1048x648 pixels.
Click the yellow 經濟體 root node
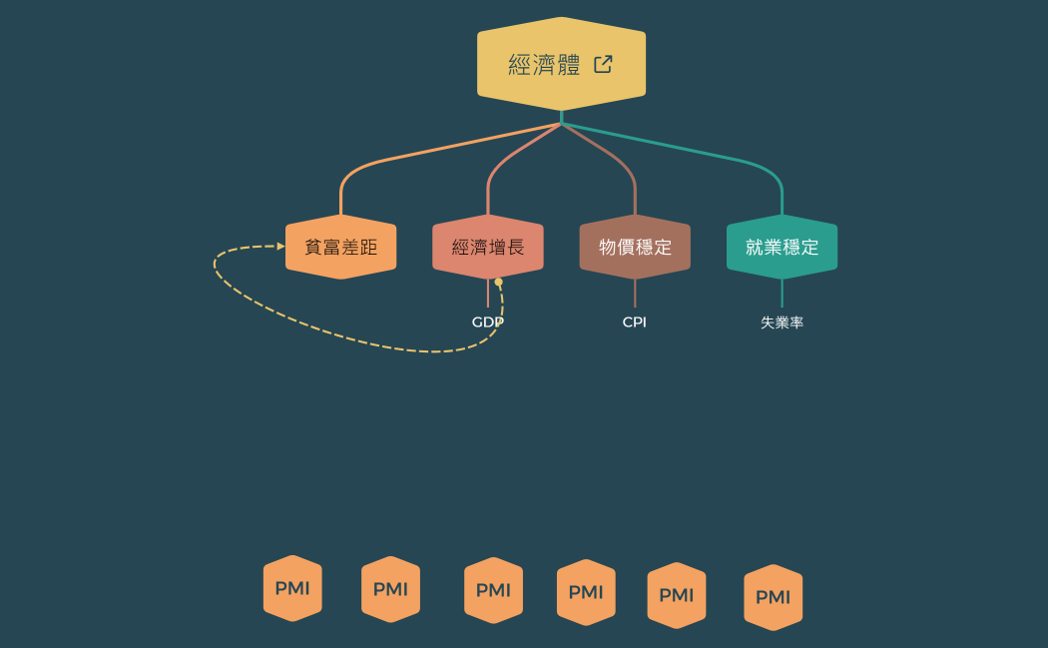pyautogui.click(x=544, y=64)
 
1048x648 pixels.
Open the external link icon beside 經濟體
pyautogui.click(x=603, y=64)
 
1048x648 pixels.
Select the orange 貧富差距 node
pyautogui.click(x=340, y=247)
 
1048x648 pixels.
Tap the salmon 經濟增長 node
pyautogui.click(x=488, y=247)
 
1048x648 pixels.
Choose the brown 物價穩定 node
pyautogui.click(x=635, y=247)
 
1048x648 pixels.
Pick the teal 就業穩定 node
pyautogui.click(x=782, y=247)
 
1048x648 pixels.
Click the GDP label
pyautogui.click(x=487, y=322)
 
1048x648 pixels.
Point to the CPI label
pyautogui.click(x=634, y=322)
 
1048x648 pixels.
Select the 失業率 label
pyautogui.click(x=782, y=323)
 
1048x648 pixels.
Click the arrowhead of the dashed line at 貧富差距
pyautogui.click(x=280, y=246)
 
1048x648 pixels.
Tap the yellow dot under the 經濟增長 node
pyautogui.click(x=499, y=282)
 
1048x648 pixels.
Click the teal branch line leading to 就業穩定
pyautogui.click(x=699, y=150)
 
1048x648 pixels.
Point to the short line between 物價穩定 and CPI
pyautogui.click(x=635, y=294)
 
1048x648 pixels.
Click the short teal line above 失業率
pyautogui.click(x=782, y=294)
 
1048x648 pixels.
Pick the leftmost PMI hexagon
pyautogui.click(x=292, y=588)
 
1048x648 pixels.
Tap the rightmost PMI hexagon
pyautogui.click(x=773, y=597)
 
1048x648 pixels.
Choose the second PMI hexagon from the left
pyautogui.click(x=390, y=589)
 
